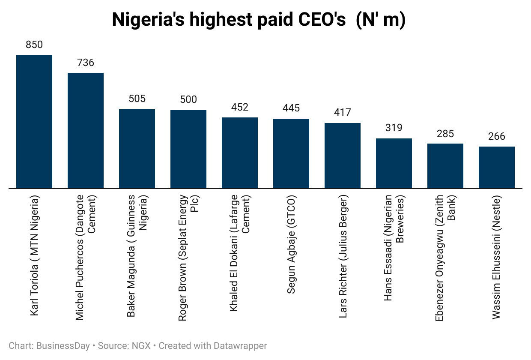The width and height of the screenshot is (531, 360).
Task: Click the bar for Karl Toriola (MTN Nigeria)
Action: tap(34, 122)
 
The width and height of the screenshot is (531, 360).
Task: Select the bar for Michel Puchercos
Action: tap(86, 131)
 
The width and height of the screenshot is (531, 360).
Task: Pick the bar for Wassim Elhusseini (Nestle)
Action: tap(497, 168)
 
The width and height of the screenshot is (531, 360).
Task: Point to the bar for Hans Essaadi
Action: tap(394, 163)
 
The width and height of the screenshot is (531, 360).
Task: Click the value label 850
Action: tap(34, 45)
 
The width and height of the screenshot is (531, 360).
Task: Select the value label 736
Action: tap(86, 63)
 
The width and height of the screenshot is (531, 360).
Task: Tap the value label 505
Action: tap(137, 99)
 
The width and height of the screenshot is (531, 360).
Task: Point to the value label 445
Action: tap(291, 108)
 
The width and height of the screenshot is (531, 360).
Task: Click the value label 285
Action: tap(445, 133)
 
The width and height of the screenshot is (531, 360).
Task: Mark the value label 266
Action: tap(497, 136)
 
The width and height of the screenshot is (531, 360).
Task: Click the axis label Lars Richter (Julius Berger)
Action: tap(343, 256)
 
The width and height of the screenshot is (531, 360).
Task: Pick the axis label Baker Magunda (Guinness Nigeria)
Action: tap(137, 256)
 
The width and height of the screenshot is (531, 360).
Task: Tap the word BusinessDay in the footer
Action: tap(63, 345)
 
